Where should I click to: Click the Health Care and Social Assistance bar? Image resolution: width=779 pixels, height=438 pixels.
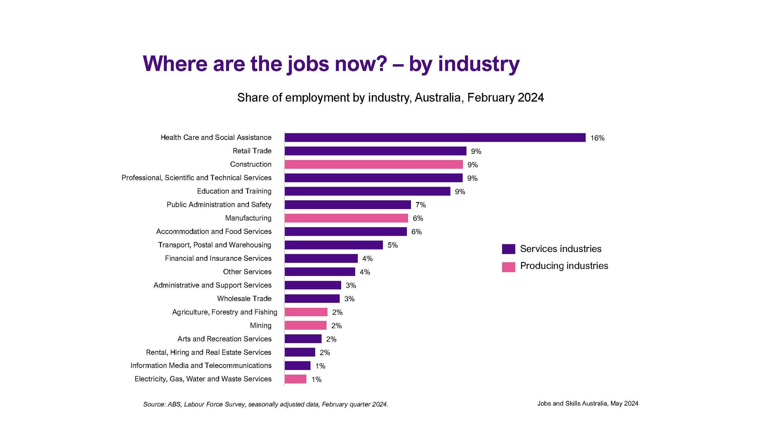(x=435, y=137)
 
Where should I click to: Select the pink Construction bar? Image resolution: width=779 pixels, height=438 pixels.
(x=373, y=164)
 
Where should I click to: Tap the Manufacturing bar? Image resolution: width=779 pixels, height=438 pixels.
(x=346, y=218)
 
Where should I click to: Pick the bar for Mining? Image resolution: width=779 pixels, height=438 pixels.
(x=305, y=325)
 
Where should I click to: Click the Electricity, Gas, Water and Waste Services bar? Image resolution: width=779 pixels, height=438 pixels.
(x=295, y=379)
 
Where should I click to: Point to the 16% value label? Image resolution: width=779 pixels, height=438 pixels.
(x=597, y=138)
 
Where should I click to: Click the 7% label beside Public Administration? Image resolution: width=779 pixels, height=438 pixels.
(x=420, y=205)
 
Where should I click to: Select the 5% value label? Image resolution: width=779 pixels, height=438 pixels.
(x=392, y=245)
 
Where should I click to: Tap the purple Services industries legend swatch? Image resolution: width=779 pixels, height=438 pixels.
(x=508, y=249)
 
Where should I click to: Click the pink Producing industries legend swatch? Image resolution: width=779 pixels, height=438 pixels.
(x=508, y=267)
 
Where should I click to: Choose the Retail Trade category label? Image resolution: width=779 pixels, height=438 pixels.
(x=252, y=151)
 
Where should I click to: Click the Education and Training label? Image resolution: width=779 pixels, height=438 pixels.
(x=234, y=191)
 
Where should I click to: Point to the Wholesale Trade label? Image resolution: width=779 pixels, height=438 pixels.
(x=244, y=298)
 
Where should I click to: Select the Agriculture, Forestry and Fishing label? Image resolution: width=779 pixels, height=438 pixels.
(x=224, y=312)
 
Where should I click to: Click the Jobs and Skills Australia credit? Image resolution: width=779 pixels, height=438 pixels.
(x=587, y=403)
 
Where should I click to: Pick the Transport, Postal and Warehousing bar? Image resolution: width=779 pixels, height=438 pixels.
(x=333, y=245)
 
